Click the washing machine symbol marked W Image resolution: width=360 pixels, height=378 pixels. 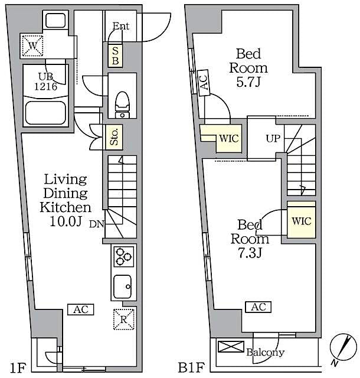[31, 43]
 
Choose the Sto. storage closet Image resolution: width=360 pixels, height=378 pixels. [114, 137]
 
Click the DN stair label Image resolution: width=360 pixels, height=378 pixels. [96, 224]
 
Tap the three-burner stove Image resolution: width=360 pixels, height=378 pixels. [123, 256]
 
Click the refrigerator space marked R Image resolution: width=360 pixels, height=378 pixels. [124, 319]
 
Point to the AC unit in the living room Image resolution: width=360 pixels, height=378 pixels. [80, 309]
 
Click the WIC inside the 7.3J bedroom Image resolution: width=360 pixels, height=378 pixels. [301, 221]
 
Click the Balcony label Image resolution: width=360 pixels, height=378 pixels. [266, 353]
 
